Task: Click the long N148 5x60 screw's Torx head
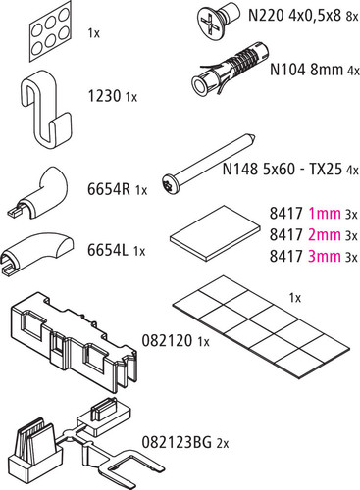pos(169,185)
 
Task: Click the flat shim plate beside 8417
pos(215,232)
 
